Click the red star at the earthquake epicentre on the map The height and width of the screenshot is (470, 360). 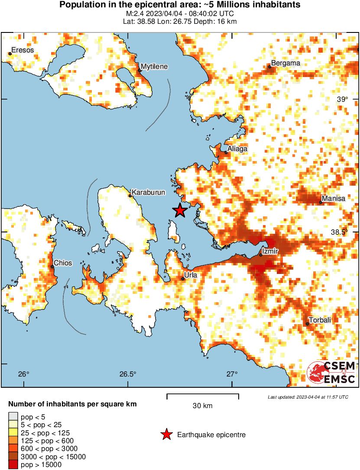(x=180, y=211)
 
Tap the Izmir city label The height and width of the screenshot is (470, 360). (x=270, y=251)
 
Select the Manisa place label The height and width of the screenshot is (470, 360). (x=334, y=198)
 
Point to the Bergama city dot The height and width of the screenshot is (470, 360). (x=269, y=67)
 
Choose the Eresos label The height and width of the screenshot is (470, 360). (x=23, y=50)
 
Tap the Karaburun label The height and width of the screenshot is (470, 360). (x=148, y=192)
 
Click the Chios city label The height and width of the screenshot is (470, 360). (x=62, y=263)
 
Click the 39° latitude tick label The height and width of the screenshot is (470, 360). (x=343, y=99)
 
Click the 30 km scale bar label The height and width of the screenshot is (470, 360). (x=202, y=406)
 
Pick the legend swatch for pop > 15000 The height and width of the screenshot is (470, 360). (x=13, y=464)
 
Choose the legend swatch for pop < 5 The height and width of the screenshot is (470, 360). (x=13, y=417)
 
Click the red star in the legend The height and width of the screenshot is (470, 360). (x=166, y=435)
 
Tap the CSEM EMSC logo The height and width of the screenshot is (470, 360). (x=331, y=372)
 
